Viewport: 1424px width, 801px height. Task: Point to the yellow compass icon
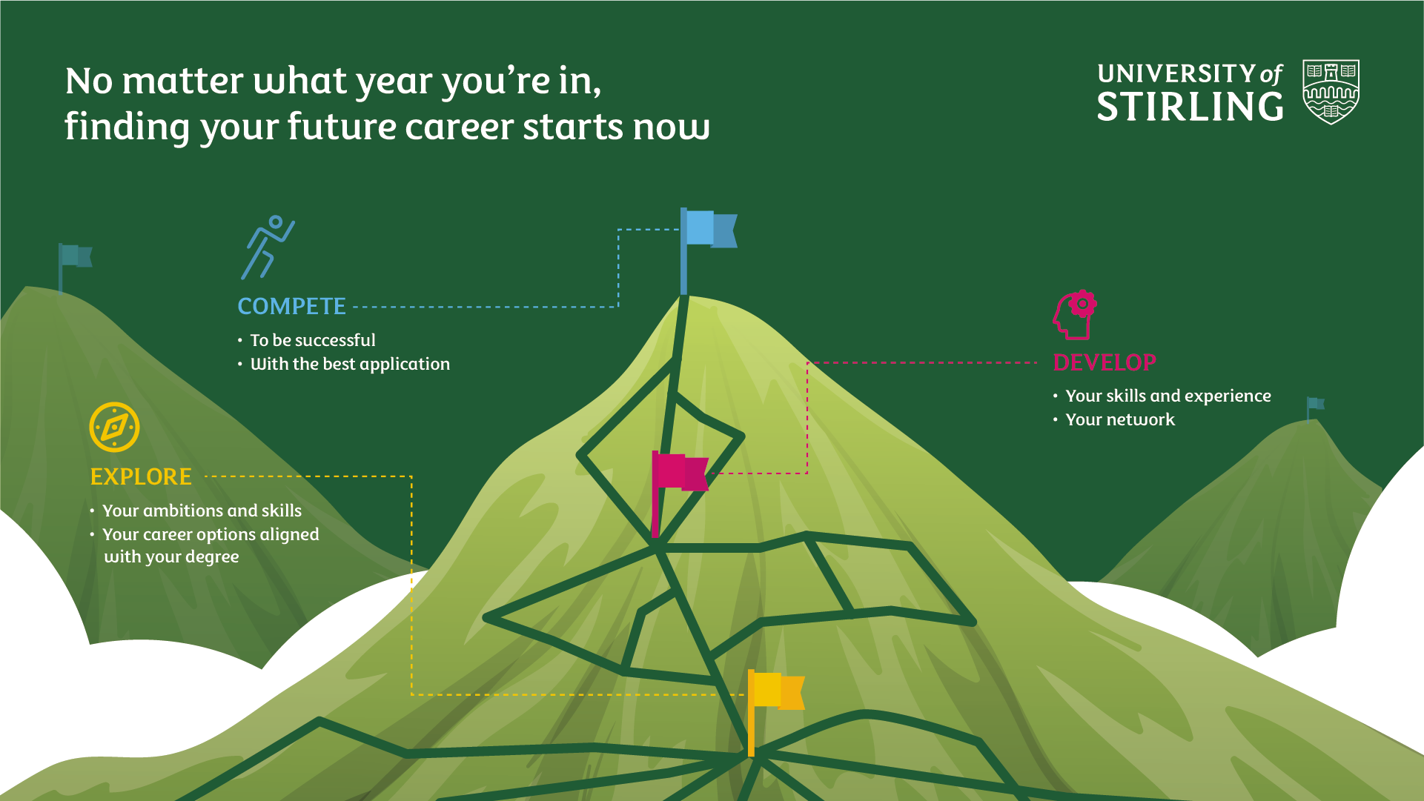(114, 428)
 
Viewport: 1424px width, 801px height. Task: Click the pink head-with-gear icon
(1075, 315)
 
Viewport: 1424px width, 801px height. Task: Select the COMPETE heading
(291, 306)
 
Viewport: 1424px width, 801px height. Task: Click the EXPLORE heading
(141, 476)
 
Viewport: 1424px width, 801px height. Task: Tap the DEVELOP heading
(1105, 362)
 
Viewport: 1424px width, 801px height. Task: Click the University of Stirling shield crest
(1331, 92)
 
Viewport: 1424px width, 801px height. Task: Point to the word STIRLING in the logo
(1190, 107)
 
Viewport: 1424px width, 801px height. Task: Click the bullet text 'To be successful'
(313, 340)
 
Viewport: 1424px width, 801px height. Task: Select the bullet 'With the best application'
(350, 364)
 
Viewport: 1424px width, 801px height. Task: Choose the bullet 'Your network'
(1120, 419)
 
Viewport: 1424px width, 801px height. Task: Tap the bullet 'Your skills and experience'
(1168, 396)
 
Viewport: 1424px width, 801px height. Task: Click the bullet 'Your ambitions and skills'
(202, 511)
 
